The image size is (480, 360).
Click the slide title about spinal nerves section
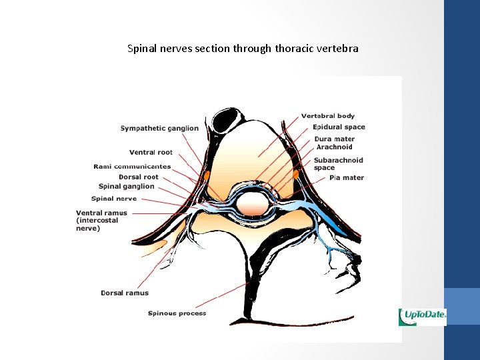coord(243,49)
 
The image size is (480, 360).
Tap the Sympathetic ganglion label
coord(159,128)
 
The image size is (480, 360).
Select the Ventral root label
coord(151,153)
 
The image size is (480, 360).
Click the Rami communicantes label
coord(132,167)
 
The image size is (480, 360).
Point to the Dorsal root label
coord(139,177)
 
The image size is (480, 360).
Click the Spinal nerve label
coord(114,199)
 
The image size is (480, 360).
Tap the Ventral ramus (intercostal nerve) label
coord(101,221)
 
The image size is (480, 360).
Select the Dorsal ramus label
coord(125,293)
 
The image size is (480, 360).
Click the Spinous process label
coord(177,313)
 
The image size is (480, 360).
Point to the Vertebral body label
coord(327,116)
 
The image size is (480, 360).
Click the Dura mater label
coord(335,139)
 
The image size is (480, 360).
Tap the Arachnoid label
coord(334,147)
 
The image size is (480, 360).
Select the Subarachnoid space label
coord(339,164)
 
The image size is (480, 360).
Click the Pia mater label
coord(347,178)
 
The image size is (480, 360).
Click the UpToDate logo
coord(422,317)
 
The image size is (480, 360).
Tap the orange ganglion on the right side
coord(296,175)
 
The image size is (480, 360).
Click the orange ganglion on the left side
coord(207,175)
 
